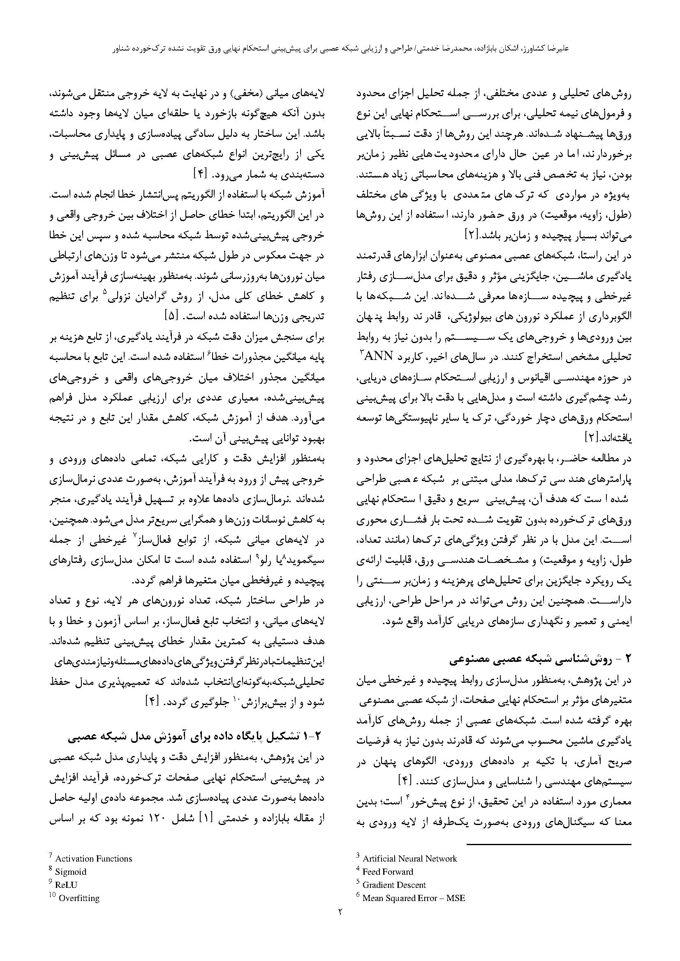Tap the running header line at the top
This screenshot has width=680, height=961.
[x=340, y=48]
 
